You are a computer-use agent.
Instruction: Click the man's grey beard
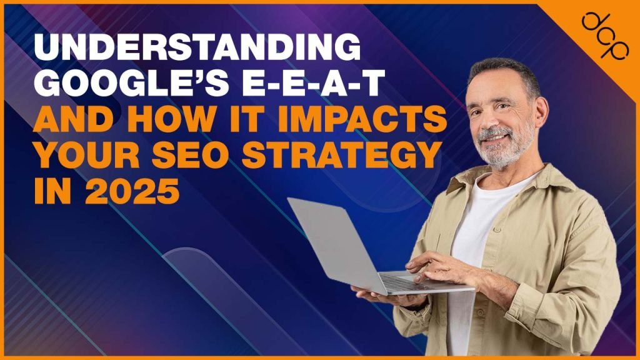tap(503, 150)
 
